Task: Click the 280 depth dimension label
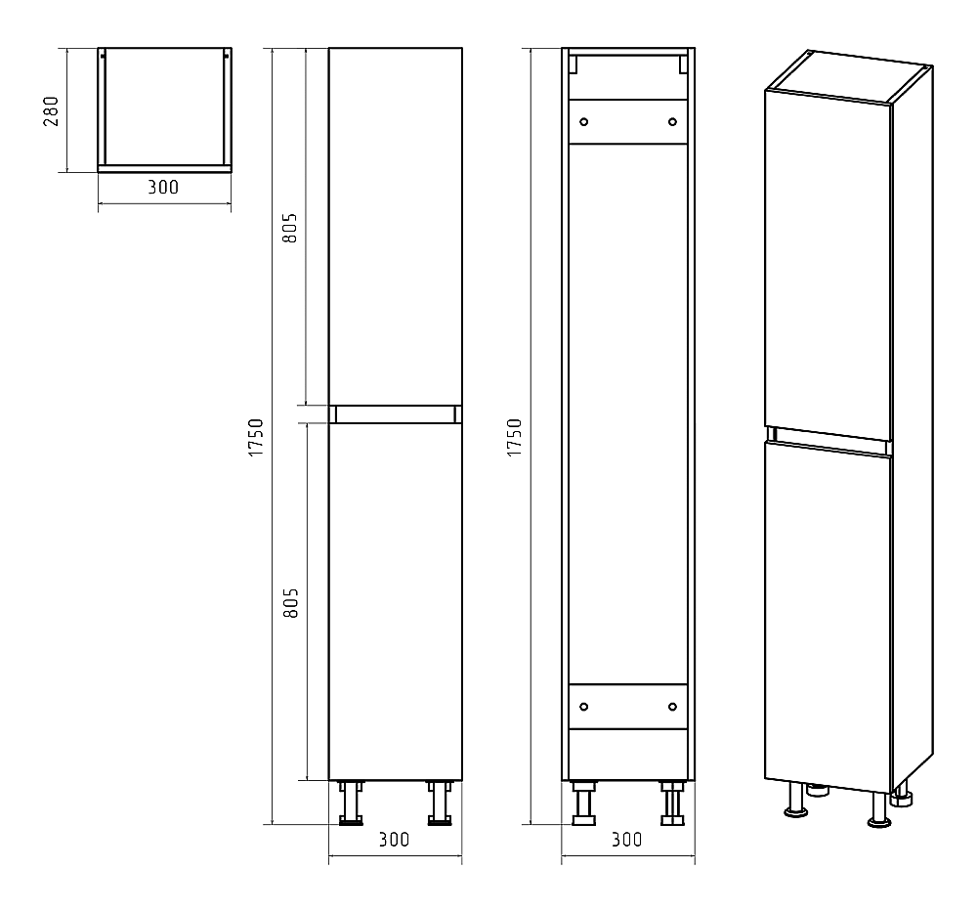pos(51,111)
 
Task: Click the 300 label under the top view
pos(163,187)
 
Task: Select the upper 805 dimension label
pos(290,228)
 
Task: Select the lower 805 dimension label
pos(290,603)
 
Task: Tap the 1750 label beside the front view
pos(256,438)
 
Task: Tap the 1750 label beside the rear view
pos(515,438)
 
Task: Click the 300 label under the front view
pos(395,840)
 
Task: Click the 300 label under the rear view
pos(627,840)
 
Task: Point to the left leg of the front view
pos(351,803)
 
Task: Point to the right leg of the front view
pos(440,803)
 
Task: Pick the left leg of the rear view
pos(584,803)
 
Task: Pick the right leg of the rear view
pos(672,803)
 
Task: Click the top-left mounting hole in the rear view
pos(584,121)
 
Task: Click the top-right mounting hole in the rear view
pos(672,121)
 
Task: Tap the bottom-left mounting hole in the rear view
pos(584,707)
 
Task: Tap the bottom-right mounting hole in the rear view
pos(672,707)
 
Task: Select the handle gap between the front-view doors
pos(395,413)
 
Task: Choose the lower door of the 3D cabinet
pos(828,617)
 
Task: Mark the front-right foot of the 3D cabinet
pos(879,811)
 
